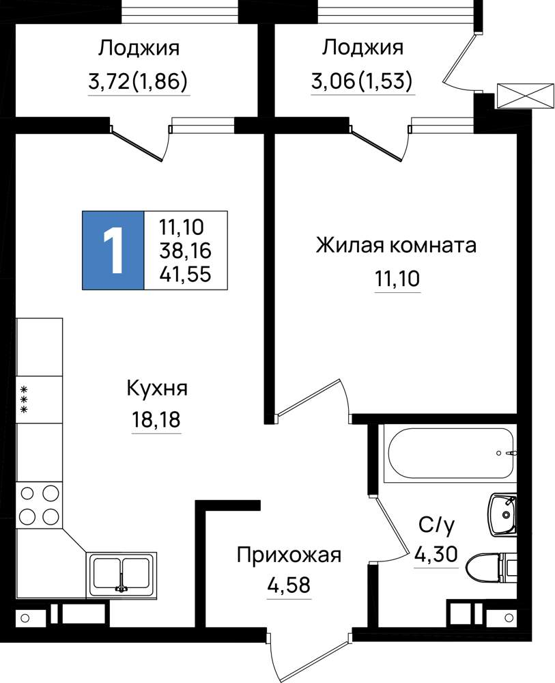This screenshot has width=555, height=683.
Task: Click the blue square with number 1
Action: [x=113, y=251]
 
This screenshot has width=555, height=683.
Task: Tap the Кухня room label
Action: [x=157, y=388]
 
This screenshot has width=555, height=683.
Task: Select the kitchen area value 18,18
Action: [x=156, y=420]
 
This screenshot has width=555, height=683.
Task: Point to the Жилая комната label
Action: [x=396, y=245]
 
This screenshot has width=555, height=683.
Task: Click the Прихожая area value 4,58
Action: [x=289, y=585]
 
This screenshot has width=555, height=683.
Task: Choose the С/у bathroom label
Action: [x=437, y=526]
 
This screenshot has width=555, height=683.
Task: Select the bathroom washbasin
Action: [x=502, y=515]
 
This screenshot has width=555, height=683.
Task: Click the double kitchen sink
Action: [x=122, y=575]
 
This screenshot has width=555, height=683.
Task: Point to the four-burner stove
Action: [x=39, y=505]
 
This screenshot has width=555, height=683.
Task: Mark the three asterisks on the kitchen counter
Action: [x=25, y=399]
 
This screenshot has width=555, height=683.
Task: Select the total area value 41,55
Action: [x=186, y=275]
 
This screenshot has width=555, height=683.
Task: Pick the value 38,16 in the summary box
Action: [x=186, y=251]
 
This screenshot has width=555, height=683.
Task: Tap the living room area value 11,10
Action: [x=397, y=279]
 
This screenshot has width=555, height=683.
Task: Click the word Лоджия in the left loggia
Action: [x=139, y=48]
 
